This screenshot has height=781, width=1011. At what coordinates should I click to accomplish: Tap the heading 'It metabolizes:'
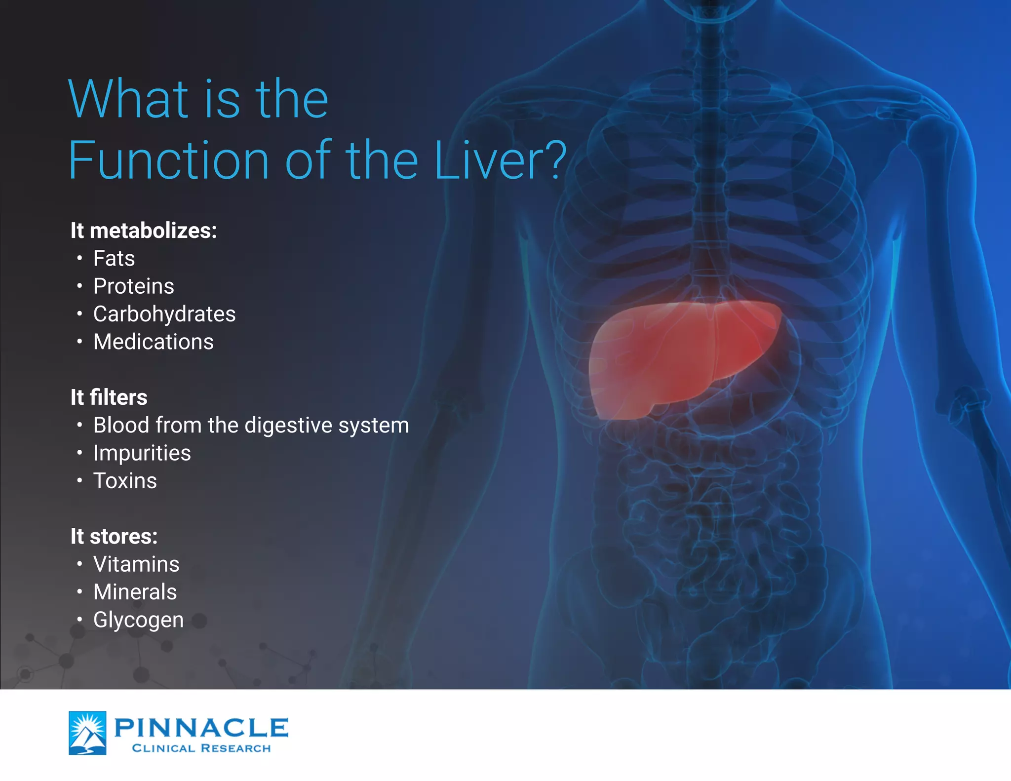(x=144, y=231)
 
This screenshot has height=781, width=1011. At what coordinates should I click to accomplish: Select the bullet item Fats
(x=114, y=258)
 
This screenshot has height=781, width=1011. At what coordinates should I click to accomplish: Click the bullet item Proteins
(x=134, y=286)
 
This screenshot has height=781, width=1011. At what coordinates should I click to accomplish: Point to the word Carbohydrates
(x=164, y=314)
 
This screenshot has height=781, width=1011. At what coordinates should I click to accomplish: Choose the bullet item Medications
(x=154, y=342)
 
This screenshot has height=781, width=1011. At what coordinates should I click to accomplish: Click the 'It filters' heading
(x=109, y=397)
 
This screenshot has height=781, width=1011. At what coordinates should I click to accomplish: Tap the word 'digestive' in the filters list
(x=288, y=426)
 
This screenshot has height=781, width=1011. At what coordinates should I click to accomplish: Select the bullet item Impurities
(x=142, y=453)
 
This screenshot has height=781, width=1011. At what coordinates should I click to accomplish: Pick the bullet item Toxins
(x=125, y=481)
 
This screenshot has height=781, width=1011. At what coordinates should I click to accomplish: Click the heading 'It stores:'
(x=114, y=537)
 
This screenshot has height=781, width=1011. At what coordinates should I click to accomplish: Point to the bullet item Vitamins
(x=136, y=564)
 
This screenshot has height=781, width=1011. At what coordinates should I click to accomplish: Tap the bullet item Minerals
(x=135, y=592)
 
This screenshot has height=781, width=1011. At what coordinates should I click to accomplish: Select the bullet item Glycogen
(x=138, y=620)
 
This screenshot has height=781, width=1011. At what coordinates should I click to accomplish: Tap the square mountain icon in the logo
(x=87, y=733)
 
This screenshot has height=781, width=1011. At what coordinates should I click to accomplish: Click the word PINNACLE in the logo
(x=201, y=728)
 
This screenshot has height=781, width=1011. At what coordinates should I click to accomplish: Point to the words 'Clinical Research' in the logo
(x=201, y=748)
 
